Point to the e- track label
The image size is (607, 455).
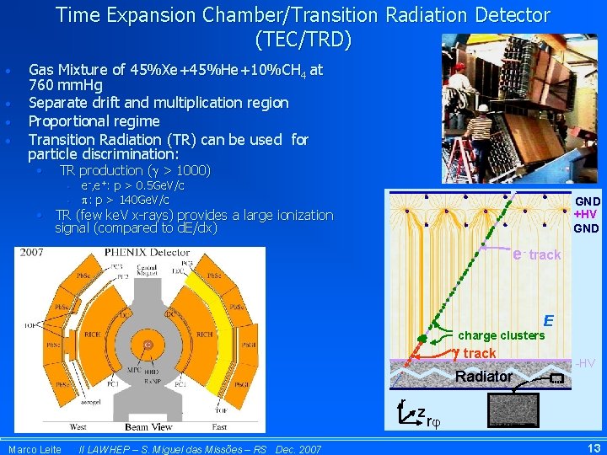536,254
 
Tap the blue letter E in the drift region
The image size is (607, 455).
548,320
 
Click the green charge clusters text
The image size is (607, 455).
501,335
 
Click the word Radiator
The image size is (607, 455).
484,377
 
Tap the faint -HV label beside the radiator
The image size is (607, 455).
585,363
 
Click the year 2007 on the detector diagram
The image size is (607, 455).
32,252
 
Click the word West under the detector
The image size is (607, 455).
78,427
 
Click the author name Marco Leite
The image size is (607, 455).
35,449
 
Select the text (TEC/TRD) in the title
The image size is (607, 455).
303,39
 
